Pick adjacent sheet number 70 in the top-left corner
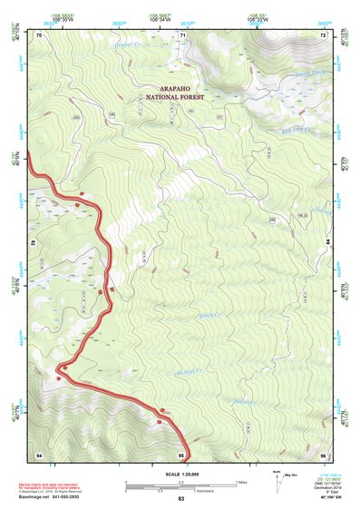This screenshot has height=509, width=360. (x=39, y=34)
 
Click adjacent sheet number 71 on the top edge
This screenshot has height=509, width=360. (x=182, y=34)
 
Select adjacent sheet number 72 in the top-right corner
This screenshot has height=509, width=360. (x=323, y=34)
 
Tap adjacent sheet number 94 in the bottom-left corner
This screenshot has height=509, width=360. (x=39, y=454)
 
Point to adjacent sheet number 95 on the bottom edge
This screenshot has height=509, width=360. (x=182, y=454)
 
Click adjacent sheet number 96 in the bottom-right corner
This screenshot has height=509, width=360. (x=323, y=454)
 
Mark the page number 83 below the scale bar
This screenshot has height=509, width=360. (x=181, y=499)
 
